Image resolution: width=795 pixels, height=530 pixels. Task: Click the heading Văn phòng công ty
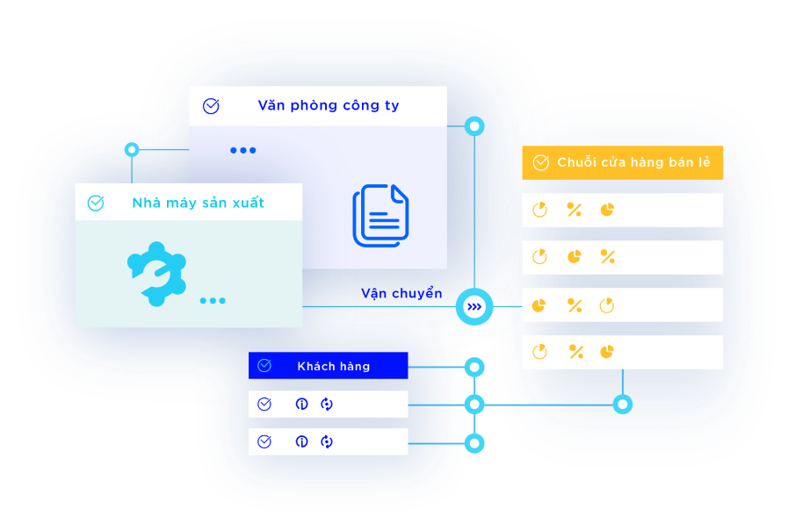coord(328,105)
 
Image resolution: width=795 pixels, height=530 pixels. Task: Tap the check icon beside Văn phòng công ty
coord(211,106)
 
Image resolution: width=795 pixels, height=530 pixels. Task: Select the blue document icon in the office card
coord(380,215)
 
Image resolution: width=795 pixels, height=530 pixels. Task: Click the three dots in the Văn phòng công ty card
coord(243,150)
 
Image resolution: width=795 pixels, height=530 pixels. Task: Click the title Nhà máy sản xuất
coord(198,203)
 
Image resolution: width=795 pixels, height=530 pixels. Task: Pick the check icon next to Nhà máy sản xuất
coord(96,204)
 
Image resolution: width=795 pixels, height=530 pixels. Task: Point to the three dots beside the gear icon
coord(212,301)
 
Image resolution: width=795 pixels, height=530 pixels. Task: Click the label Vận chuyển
coord(401,293)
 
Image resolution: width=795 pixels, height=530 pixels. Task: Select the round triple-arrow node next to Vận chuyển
coord(474,306)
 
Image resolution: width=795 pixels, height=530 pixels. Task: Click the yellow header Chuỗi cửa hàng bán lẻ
coord(633,162)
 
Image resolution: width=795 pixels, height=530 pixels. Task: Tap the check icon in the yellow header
coord(540,163)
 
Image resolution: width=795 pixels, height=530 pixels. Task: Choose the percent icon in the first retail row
coord(574,210)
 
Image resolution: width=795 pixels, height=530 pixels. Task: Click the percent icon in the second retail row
coord(607,256)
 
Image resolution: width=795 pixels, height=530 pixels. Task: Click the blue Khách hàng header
coord(333,366)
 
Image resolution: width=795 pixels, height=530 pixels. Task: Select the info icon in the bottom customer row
coord(301,441)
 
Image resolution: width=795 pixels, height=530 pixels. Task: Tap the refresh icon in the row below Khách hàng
coord(327,404)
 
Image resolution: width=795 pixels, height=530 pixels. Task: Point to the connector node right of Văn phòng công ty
coord(474,126)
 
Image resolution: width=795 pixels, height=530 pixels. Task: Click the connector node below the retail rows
coord(622,404)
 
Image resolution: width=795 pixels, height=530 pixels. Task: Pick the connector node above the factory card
coord(132,149)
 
